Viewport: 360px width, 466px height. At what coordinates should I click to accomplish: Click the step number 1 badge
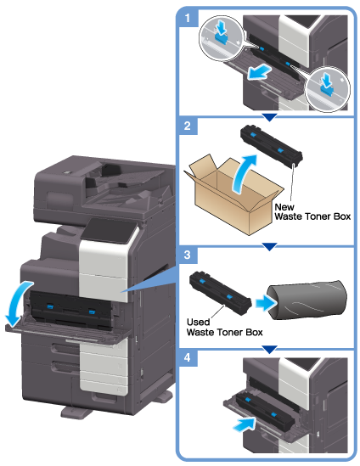click(188, 18)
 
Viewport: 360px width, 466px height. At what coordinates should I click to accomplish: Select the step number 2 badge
click(188, 126)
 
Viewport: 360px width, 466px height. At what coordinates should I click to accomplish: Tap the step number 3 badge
click(188, 255)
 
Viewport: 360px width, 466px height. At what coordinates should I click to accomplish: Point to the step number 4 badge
click(188, 357)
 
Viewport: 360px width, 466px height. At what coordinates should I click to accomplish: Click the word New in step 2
click(284, 207)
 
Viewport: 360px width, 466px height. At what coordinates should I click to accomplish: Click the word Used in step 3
click(198, 322)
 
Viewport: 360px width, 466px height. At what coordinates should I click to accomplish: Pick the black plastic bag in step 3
click(307, 300)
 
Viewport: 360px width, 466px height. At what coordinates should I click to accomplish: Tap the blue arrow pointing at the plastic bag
click(267, 303)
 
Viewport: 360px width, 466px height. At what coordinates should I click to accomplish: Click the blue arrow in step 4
click(245, 424)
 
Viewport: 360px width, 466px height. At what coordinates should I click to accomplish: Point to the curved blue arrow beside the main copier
click(15, 301)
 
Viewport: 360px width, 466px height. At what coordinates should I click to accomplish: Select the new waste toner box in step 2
click(272, 145)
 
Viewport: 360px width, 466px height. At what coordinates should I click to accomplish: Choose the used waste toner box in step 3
click(220, 293)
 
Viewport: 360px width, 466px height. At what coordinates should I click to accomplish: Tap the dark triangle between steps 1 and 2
click(270, 117)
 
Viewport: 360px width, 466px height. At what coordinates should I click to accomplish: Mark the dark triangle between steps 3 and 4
click(269, 349)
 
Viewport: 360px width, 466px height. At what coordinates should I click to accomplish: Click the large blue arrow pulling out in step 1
click(259, 73)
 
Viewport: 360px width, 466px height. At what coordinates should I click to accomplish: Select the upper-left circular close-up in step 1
click(221, 37)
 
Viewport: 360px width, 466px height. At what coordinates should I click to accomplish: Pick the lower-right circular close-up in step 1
click(328, 89)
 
